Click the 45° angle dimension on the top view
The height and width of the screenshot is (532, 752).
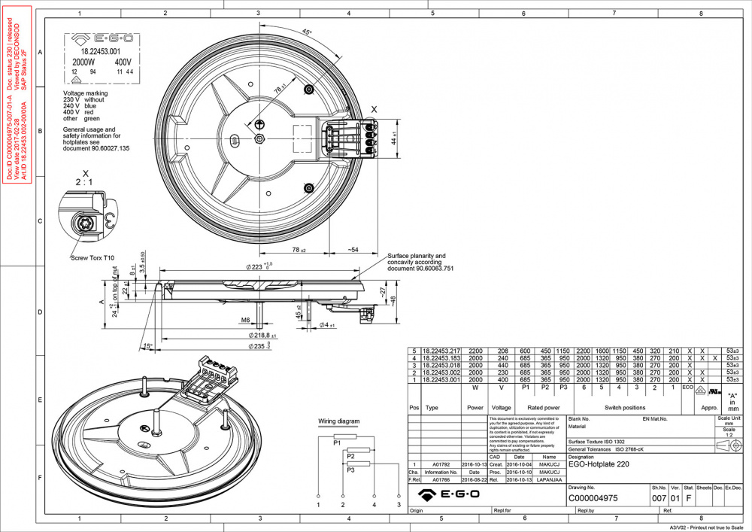306,32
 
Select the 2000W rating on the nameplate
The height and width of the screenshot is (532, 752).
83,62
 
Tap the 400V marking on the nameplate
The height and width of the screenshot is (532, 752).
123,62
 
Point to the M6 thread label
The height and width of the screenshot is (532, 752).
245,321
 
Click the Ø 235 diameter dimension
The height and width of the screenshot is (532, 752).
260,346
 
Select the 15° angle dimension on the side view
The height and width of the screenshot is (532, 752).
147,346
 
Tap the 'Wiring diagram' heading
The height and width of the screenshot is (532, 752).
338,421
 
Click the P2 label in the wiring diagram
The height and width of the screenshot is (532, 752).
350,456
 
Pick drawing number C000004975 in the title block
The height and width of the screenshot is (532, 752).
593,497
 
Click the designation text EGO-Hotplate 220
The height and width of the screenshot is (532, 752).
599,464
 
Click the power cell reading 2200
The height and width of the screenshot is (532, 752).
475,351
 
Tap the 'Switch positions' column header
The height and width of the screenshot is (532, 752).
623,408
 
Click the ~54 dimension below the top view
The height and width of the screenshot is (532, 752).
353,249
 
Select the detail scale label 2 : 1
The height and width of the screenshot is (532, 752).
84,182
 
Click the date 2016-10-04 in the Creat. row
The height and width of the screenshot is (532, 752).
519,465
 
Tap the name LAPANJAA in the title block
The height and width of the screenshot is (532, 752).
549,479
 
